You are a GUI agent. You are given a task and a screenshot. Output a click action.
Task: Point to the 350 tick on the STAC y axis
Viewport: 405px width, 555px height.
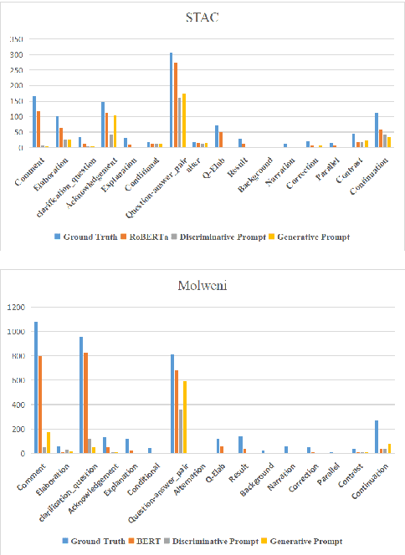coord(16,39)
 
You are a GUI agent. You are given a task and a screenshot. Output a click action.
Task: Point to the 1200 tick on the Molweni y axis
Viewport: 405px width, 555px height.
coord(16,308)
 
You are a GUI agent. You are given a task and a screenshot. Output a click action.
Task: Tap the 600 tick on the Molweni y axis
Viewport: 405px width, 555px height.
coord(18,381)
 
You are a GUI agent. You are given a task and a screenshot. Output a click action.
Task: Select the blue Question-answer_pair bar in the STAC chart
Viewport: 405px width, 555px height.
coord(172,100)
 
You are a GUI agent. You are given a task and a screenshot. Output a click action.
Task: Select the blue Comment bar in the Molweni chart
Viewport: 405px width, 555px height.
coord(35,387)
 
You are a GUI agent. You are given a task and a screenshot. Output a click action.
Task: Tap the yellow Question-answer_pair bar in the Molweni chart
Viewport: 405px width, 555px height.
coord(184,417)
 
